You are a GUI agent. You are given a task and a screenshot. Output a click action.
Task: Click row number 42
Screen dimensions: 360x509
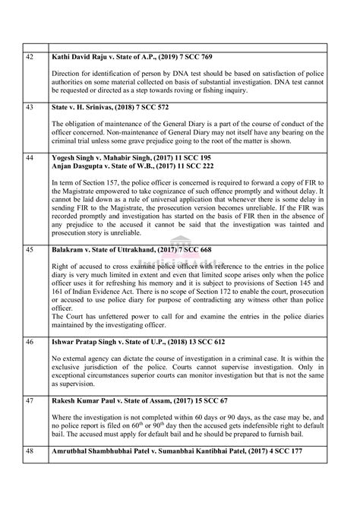(x=30, y=57)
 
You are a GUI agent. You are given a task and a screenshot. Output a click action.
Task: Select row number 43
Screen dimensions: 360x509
(x=30, y=107)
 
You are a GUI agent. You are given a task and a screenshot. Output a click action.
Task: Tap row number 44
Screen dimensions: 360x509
(x=30, y=157)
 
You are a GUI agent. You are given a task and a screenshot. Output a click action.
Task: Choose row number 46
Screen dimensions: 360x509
(x=30, y=342)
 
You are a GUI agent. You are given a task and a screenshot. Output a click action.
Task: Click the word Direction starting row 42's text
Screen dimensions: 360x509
(x=66, y=74)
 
